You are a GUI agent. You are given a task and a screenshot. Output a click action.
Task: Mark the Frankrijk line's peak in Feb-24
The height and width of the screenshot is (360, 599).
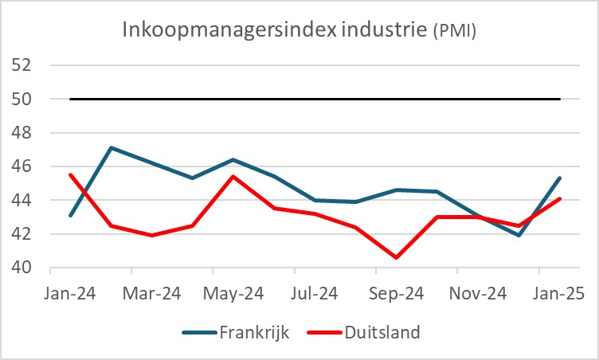point(112,147)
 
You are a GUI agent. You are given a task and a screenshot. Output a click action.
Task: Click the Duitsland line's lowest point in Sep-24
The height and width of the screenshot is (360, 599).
point(397,257)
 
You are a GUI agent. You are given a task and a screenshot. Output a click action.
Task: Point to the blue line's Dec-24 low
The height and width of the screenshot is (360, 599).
point(519,235)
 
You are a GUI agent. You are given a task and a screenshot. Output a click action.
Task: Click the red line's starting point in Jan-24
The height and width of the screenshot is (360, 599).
point(71,174)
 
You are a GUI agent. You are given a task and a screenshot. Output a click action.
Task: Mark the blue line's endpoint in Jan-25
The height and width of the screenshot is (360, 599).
point(560,178)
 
